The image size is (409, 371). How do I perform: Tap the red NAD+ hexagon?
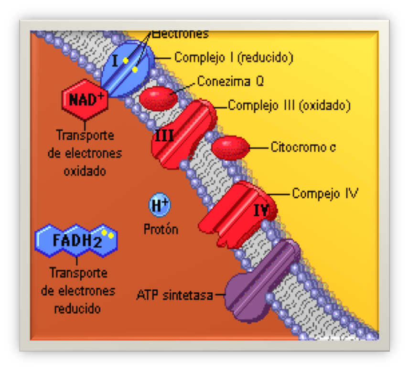coord(85,99)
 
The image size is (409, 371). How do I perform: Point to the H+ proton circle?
coord(159,206)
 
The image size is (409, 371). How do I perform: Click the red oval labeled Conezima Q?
coord(158,98)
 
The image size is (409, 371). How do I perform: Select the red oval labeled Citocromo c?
coord(231,148)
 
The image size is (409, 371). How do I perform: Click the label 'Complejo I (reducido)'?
coord(234,58)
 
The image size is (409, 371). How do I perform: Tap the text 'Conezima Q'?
coord(230,81)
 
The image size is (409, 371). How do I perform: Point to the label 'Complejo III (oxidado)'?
coord(289,106)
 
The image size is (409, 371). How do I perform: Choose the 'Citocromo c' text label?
coord(303,147)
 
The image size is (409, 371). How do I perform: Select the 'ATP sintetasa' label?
coord(174,295)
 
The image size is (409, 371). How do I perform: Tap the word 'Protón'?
coord(161,229)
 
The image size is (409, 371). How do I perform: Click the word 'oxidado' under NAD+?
coord(85,170)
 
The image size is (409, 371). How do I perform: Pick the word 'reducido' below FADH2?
coord(77,308)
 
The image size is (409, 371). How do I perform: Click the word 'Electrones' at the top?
coord(181,34)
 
